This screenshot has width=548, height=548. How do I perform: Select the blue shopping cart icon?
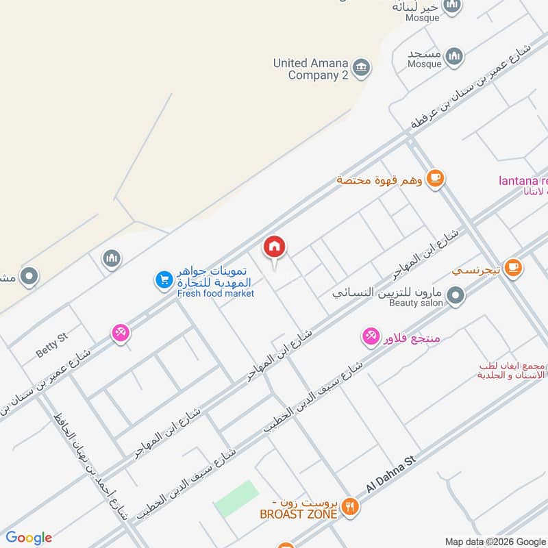(x=163, y=279)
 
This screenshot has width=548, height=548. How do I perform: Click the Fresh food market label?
(x=215, y=294)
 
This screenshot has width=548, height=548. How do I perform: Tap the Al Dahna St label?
(x=391, y=475)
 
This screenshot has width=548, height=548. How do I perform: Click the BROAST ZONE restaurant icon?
(x=351, y=507)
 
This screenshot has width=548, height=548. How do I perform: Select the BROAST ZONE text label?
(x=298, y=514)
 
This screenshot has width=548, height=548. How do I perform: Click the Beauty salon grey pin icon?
(x=455, y=296)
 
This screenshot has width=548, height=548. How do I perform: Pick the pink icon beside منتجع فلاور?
(x=371, y=336)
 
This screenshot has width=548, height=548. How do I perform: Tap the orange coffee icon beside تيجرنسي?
(x=513, y=269)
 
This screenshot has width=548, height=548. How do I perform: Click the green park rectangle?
(x=236, y=499)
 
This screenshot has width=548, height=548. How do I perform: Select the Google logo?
(x=29, y=538)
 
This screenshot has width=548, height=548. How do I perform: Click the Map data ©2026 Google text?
(x=495, y=540)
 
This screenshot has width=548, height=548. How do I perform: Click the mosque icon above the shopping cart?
(x=112, y=258)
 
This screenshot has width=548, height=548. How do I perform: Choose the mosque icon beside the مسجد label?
(x=453, y=56)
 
